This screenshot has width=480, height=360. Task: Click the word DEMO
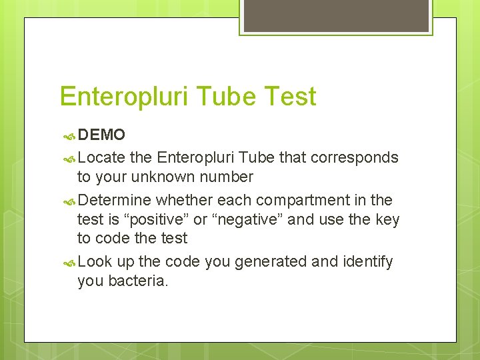coord(101,135)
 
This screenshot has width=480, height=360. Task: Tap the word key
coord(387,219)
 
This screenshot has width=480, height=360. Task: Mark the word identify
coord(367,262)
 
